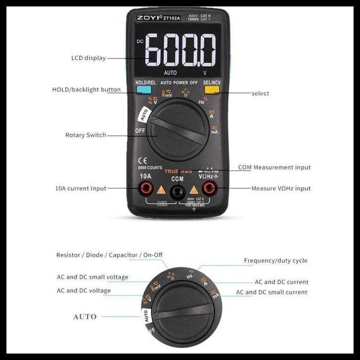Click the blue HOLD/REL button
coord(144,90)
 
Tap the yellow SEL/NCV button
coord(212,90)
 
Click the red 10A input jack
coord(146,188)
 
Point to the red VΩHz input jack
coord(208,188)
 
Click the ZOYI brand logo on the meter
coord(148,18)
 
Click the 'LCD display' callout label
coord(88,58)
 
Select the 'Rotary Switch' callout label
coord(85,135)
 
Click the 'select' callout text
coord(260,93)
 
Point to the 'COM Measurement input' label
coord(274,168)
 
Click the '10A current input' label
coord(80,188)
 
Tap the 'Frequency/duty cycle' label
coord(275,261)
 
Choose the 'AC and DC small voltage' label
coord(92,277)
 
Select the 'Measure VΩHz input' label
coord(281,188)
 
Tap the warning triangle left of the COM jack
coord(161,189)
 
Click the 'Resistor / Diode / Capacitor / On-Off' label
coord(109,255)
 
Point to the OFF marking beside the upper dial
coord(140,130)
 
